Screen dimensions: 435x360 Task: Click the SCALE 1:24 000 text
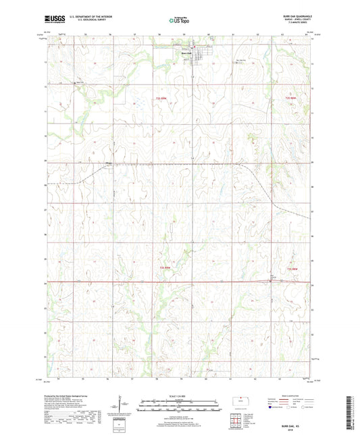pos(179,396)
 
